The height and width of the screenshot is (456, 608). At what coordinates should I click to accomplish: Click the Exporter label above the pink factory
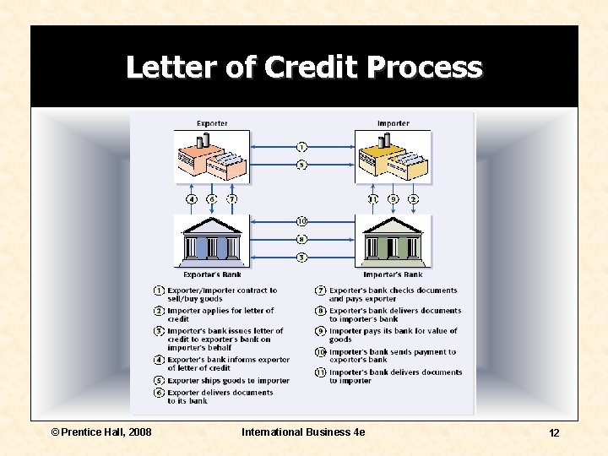[x=212, y=123]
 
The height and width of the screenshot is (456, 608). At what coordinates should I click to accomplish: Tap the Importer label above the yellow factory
[x=394, y=123]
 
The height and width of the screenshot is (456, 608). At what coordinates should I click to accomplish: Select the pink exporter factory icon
[x=210, y=157]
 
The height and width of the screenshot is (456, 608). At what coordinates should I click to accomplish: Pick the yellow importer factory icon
[x=394, y=158]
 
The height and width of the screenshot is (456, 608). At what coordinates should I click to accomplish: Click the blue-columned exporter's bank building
[x=212, y=241]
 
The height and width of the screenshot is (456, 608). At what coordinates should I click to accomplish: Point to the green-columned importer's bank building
[x=394, y=241]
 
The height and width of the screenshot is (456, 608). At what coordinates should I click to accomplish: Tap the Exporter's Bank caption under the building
[x=212, y=274]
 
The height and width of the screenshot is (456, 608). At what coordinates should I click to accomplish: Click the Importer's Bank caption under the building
[x=394, y=274]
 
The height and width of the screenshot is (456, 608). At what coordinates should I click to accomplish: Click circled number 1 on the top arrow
[x=301, y=147]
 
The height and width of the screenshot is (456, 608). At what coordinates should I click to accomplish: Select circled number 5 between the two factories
[x=301, y=166]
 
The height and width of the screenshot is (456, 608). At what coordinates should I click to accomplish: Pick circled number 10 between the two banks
[x=301, y=221]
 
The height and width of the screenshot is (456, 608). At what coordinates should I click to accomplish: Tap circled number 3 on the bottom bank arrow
[x=301, y=258]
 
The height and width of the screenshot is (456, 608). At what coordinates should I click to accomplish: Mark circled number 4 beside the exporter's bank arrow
[x=192, y=199]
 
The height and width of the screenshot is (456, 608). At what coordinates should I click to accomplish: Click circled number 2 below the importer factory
[x=413, y=199]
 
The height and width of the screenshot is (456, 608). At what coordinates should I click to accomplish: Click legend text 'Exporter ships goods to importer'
[x=228, y=381]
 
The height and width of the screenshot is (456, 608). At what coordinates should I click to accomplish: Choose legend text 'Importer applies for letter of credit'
[x=220, y=315]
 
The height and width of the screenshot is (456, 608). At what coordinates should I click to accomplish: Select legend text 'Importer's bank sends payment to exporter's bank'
[x=392, y=356]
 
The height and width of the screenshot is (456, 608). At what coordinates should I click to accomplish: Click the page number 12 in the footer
[x=554, y=433]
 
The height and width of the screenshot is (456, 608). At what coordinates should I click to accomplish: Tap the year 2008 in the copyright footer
[x=139, y=432]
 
